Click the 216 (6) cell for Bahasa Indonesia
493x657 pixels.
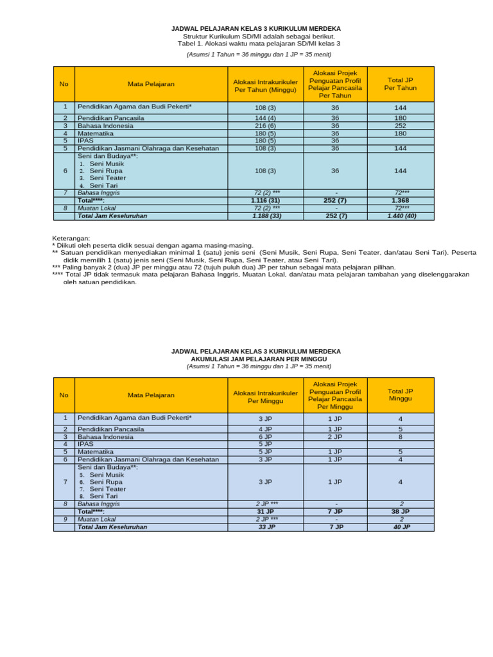coord(264,126)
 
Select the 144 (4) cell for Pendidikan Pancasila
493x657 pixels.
coord(264,119)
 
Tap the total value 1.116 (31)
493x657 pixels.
coord(264,201)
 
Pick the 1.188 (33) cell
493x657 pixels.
coord(264,216)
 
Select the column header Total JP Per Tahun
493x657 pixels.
coord(400,84)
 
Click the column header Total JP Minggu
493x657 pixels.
coord(400,395)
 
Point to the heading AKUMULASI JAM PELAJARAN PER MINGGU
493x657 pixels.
coord(255,359)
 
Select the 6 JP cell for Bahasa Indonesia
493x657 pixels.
coord(264,437)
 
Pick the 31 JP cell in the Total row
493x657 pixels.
coord(264,512)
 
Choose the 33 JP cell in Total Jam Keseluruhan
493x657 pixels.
coord(264,527)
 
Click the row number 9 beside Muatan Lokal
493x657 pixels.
coord(64,519)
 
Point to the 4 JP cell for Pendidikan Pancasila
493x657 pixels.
coord(264,429)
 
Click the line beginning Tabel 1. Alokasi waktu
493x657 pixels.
coord(255,44)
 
